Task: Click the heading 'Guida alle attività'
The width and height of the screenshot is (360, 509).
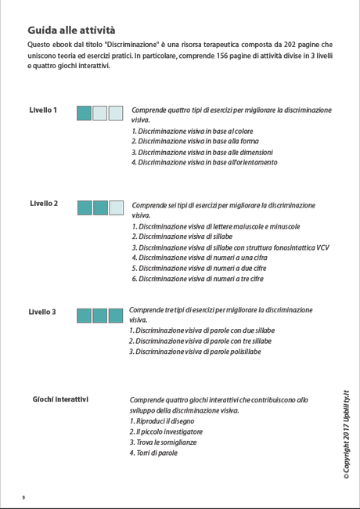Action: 70,30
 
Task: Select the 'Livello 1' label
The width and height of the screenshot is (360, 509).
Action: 43,110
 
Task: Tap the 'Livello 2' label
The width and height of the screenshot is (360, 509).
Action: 44,204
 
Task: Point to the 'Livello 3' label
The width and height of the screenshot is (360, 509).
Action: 42,312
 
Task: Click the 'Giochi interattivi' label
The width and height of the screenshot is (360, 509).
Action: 60,399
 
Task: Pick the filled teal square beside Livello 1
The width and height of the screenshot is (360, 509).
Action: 84,114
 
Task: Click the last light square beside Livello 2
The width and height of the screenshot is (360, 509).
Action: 116,208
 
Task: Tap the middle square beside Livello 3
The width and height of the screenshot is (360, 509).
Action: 100,316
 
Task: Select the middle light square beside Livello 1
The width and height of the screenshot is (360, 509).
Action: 100,114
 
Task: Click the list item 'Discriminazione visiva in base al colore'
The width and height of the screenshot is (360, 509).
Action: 192,131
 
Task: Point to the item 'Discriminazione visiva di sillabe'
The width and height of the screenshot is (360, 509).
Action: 182,236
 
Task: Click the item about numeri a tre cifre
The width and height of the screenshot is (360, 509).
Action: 197,279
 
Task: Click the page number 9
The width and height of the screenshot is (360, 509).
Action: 23,496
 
